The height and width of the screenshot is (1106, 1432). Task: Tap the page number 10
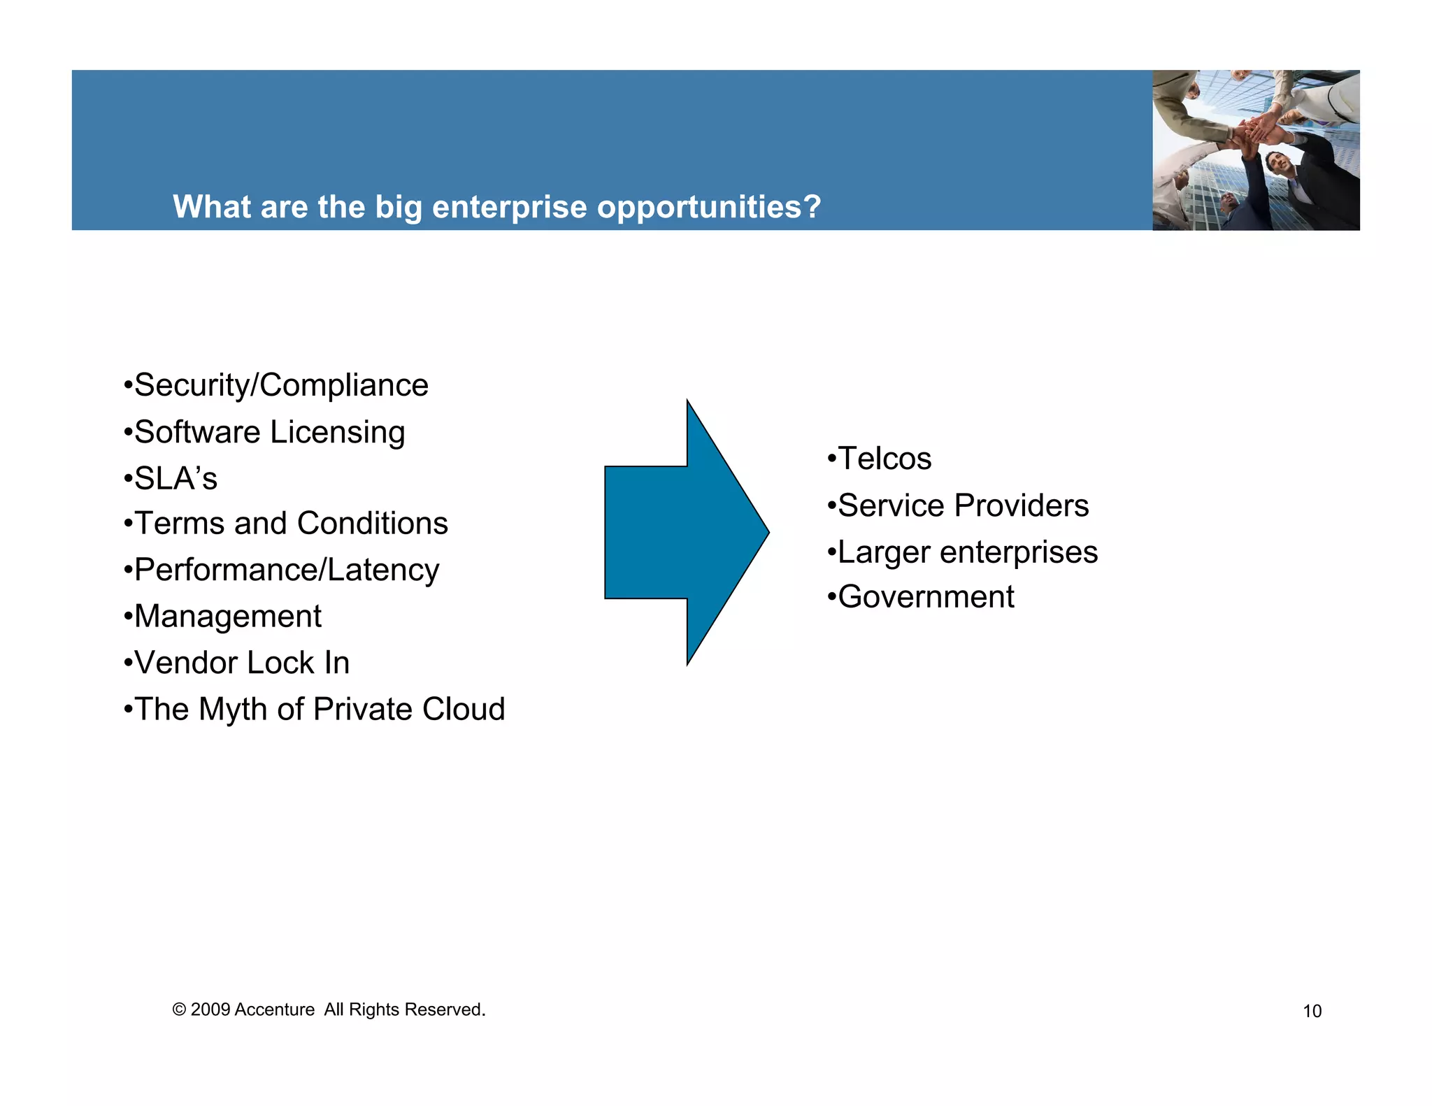(1312, 1012)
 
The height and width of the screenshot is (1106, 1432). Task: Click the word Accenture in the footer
(275, 1010)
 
